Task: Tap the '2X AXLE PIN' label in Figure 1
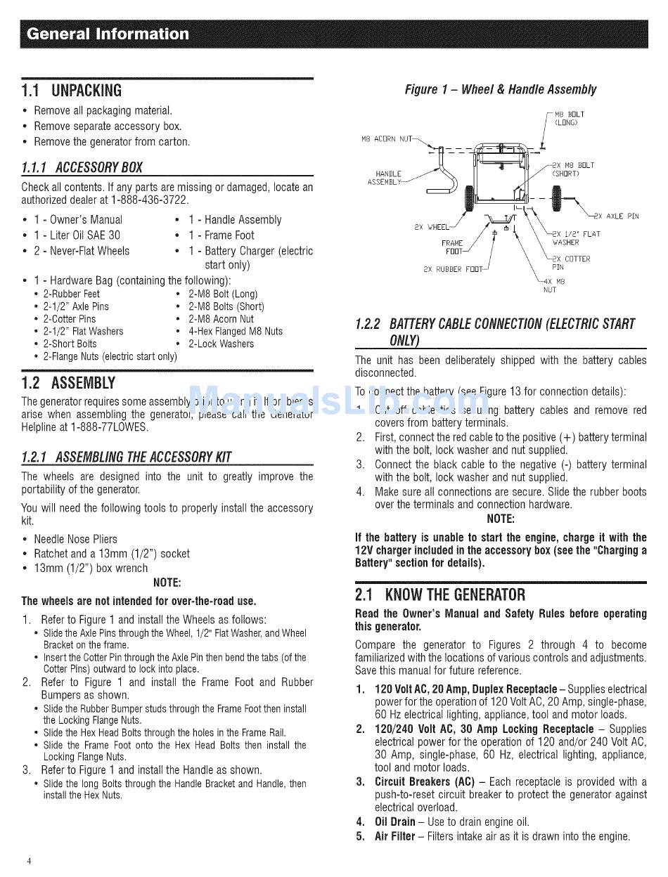pos(617,216)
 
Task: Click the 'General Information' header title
pos(106,34)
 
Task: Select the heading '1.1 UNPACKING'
pos(72,91)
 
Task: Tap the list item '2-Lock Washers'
pos(221,344)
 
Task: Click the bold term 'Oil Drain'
pos(394,821)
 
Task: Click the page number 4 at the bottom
pos(29,861)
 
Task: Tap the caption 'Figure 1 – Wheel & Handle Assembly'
pos(500,89)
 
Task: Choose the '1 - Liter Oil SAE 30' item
pos(77,235)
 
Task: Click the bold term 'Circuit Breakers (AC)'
pos(422,781)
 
